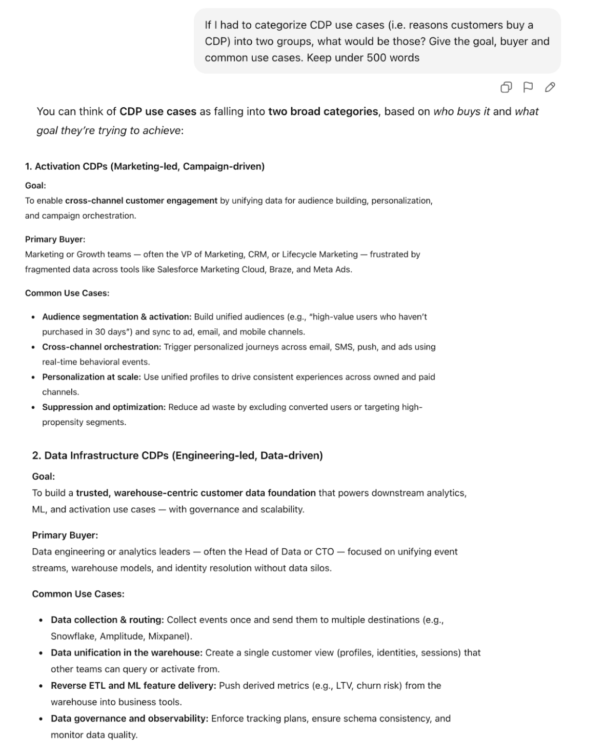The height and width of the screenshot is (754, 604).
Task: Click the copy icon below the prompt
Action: (506, 87)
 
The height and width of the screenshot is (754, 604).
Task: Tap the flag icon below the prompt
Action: (528, 87)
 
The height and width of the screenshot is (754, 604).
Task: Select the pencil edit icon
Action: (550, 87)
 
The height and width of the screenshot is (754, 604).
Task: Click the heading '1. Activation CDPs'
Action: (145, 166)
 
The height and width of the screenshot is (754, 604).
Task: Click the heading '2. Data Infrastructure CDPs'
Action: (177, 455)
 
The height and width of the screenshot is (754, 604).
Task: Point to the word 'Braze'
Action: (280, 269)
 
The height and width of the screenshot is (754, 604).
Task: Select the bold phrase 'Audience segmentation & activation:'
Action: (116, 317)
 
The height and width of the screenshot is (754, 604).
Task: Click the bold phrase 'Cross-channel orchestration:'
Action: (102, 347)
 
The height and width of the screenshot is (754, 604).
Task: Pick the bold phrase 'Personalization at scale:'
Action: (91, 377)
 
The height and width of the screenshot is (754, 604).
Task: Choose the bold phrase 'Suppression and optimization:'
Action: (104, 407)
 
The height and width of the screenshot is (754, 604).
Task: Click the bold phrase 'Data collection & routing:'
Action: (107, 620)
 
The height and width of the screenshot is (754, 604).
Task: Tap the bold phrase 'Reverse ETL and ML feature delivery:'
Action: (133, 685)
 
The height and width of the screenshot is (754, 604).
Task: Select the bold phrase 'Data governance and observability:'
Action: (129, 718)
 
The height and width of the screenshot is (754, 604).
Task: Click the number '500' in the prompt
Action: (377, 58)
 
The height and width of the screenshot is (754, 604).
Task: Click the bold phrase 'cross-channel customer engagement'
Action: (141, 201)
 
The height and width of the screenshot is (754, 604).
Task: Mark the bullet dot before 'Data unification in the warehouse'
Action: (41, 653)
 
